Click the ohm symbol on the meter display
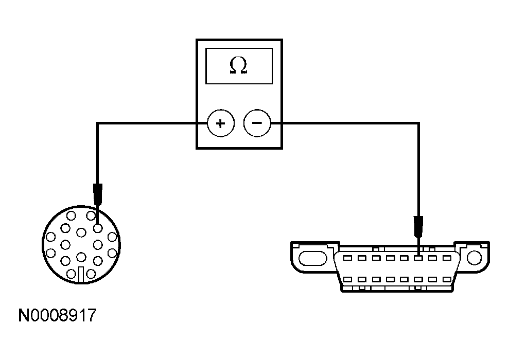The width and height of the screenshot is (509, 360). click(238, 66)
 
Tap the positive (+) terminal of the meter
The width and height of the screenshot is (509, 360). click(220, 123)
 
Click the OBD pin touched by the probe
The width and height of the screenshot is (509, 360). click(419, 257)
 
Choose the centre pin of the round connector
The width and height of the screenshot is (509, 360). click(81, 233)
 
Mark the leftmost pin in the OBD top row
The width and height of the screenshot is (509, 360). click(347, 257)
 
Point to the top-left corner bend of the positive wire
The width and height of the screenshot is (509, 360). click(98, 123)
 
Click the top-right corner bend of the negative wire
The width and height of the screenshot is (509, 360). click(418, 123)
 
